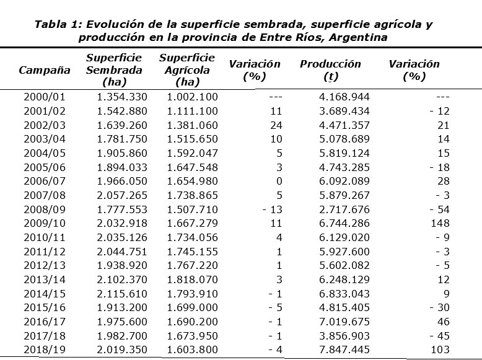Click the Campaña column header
tap(45, 70)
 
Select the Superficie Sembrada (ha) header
tap(114, 70)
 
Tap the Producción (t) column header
tap(330, 70)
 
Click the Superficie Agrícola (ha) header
tap(187, 70)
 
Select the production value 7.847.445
tap(344, 350)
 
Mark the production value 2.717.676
tap(344, 209)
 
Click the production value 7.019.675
tap(344, 322)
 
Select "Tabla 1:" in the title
tap(58, 25)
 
